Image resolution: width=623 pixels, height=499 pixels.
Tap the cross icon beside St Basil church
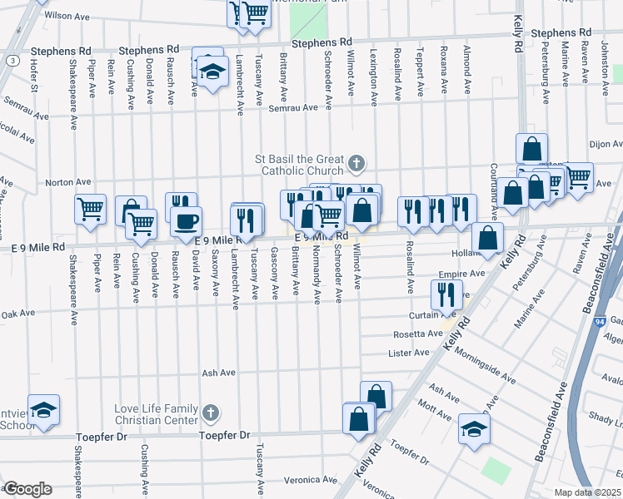pos(357,163)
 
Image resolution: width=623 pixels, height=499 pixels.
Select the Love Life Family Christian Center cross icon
pos(212,412)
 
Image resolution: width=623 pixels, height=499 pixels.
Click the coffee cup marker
pos(186,222)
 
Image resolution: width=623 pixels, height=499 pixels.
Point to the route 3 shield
pos(12,61)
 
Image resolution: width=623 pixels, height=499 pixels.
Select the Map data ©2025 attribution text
pos(587,492)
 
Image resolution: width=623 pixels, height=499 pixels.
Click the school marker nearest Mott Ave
pos(474,429)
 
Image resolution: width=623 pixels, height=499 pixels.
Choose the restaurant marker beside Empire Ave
pos(446,293)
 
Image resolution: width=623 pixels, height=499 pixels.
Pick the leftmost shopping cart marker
pos(90,210)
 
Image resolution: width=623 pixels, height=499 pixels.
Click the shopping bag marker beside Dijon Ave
pos(531,150)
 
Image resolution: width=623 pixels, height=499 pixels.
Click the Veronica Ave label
pos(308,480)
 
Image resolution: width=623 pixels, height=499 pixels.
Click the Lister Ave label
pos(408,353)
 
